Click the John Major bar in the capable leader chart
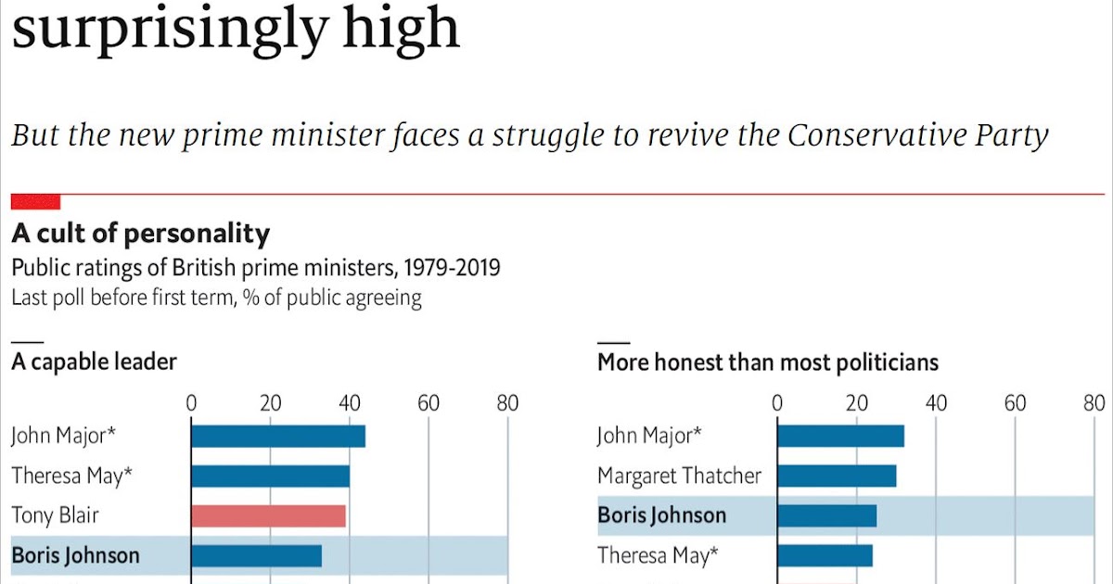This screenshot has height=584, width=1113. click(x=278, y=436)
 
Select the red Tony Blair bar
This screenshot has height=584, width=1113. click(x=268, y=515)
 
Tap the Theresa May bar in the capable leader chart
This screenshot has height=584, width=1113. click(x=270, y=476)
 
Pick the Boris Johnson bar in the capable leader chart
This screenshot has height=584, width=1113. click(x=256, y=555)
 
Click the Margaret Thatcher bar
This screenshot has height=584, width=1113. click(x=837, y=476)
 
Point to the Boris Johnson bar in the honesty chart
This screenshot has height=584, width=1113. click(x=826, y=515)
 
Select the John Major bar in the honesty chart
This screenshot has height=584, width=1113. click(x=840, y=436)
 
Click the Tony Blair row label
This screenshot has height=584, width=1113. click(x=55, y=515)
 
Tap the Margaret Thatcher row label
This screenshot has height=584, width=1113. click(x=679, y=476)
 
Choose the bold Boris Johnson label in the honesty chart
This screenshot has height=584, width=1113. click(x=661, y=515)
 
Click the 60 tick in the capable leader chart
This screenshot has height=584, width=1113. click(x=429, y=403)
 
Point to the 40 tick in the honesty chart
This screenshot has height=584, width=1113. click(x=936, y=403)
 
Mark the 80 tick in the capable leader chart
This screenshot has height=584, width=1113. click(x=506, y=403)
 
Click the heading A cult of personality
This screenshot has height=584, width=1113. click(x=140, y=234)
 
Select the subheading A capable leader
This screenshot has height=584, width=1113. click(x=94, y=362)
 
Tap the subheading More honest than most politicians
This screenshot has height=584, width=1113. click(x=767, y=362)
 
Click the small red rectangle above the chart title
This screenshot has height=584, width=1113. click(x=35, y=201)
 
